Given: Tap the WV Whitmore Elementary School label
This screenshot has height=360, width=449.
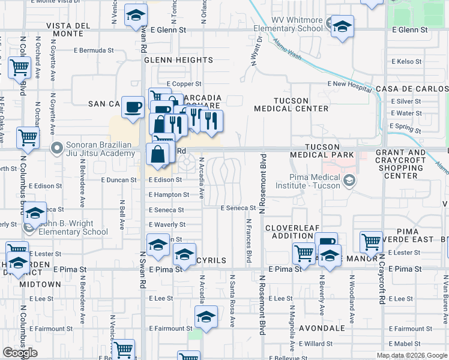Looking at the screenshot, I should (297, 24).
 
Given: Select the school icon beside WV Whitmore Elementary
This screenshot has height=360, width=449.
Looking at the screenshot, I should (342, 26).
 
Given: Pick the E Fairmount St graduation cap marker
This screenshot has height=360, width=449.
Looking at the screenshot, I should (206, 317).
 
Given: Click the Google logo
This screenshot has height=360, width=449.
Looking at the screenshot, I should (20, 353).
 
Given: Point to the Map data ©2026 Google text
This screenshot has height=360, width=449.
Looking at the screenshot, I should (411, 355).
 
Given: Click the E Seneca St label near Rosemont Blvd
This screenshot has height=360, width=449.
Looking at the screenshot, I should (238, 208).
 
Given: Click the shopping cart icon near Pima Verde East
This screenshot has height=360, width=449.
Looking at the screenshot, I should (372, 242).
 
